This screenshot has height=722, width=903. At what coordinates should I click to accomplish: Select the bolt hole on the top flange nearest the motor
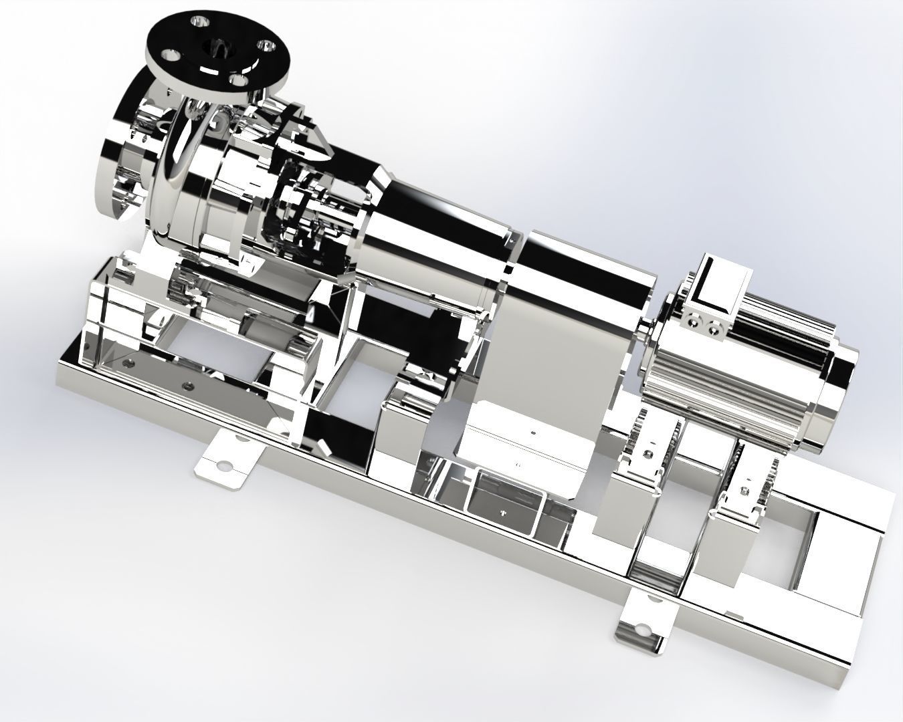coord(268,46)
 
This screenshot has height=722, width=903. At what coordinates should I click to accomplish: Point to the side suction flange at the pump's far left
coord(121,160)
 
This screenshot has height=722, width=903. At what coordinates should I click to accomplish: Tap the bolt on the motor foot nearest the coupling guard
coord(647,455)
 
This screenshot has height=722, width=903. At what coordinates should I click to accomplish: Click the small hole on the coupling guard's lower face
coord(532,433)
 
